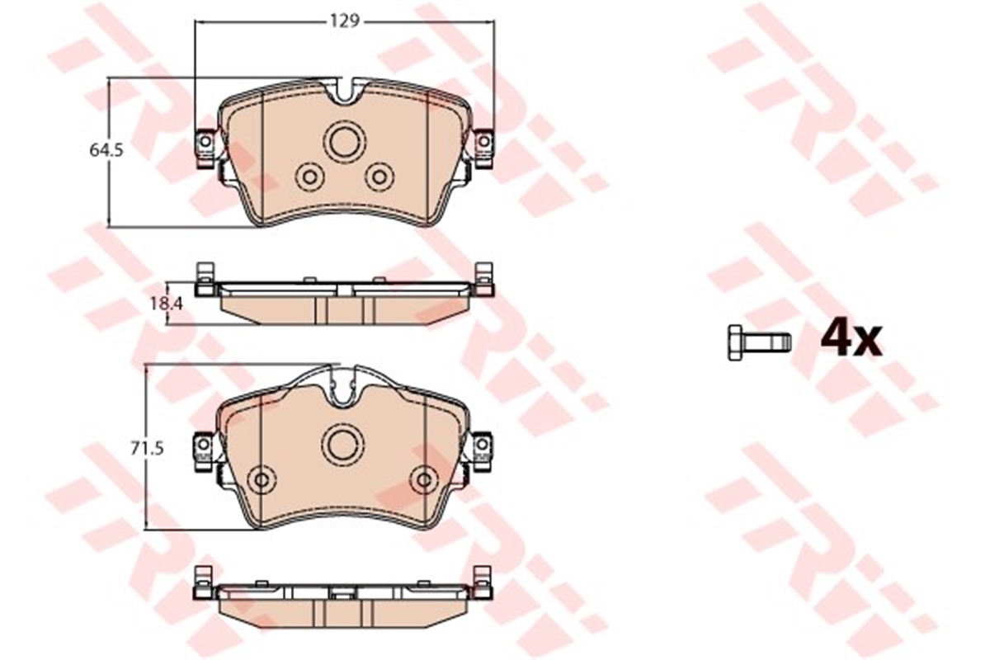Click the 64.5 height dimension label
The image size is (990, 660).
(x=106, y=150)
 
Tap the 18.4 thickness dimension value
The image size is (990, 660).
(x=166, y=304)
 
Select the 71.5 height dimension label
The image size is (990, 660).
(x=147, y=449)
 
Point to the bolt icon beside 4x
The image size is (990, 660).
(x=759, y=343)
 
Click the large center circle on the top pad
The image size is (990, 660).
(x=344, y=141)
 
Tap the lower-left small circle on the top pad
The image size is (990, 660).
(x=310, y=177)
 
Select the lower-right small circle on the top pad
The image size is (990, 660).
(x=379, y=177)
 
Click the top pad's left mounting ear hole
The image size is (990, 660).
(x=205, y=141)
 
